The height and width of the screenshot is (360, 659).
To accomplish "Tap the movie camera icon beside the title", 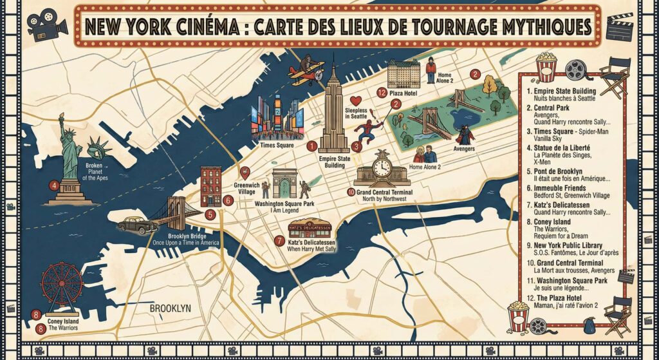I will [x=46, y=24].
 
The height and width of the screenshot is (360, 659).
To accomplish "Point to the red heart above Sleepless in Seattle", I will [x=354, y=101].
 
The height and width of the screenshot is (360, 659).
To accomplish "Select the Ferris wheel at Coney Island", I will [x=62, y=284].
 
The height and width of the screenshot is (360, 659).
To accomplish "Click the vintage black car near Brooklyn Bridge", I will [x=137, y=225].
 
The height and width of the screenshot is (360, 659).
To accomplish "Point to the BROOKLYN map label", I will [x=170, y=309].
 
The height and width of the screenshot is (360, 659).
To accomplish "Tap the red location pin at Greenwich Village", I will [x=245, y=172].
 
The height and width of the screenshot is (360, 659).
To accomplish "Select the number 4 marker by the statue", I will [x=55, y=187].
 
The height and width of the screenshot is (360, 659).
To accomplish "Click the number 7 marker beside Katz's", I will [x=279, y=241].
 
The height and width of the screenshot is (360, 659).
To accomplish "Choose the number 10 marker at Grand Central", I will [x=351, y=191].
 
